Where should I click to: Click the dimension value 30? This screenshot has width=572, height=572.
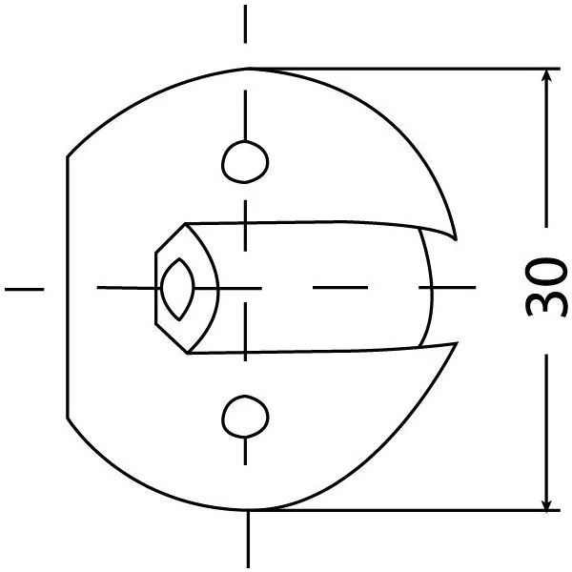tap(546, 288)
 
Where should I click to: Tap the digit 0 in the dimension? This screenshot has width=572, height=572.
tap(546, 271)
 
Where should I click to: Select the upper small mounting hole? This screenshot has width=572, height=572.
tap(245, 162)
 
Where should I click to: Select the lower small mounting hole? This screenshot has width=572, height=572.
tap(245, 416)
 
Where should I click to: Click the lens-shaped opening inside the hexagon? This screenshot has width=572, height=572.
tap(178, 289)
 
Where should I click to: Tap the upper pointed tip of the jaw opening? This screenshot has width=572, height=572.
tap(456, 240)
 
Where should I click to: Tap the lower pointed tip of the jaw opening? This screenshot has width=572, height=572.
tap(457, 343)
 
